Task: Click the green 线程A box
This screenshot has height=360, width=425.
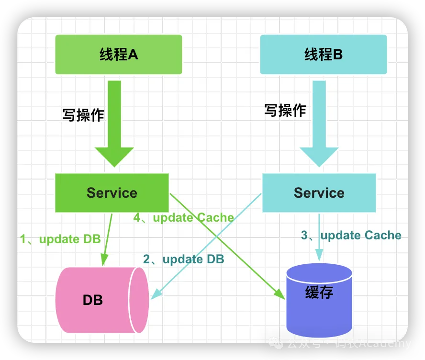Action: click(118, 55)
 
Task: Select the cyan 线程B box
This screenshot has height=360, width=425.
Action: click(323, 55)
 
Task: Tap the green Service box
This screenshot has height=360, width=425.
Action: click(112, 193)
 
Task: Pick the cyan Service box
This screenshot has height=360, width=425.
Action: click(319, 193)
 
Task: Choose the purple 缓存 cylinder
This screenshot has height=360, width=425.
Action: click(319, 299)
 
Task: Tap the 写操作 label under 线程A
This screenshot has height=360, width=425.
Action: click(83, 115)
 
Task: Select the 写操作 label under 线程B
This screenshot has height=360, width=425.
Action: click(285, 111)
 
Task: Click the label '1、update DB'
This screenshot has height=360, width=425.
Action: click(60, 239)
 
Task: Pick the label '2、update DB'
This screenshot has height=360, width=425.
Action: click(184, 259)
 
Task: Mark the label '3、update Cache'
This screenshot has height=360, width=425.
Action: click(351, 235)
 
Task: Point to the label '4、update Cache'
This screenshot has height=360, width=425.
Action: click(184, 218)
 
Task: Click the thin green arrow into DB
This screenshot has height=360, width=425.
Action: click(107, 239)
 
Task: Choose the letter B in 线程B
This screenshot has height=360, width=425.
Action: click(338, 55)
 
